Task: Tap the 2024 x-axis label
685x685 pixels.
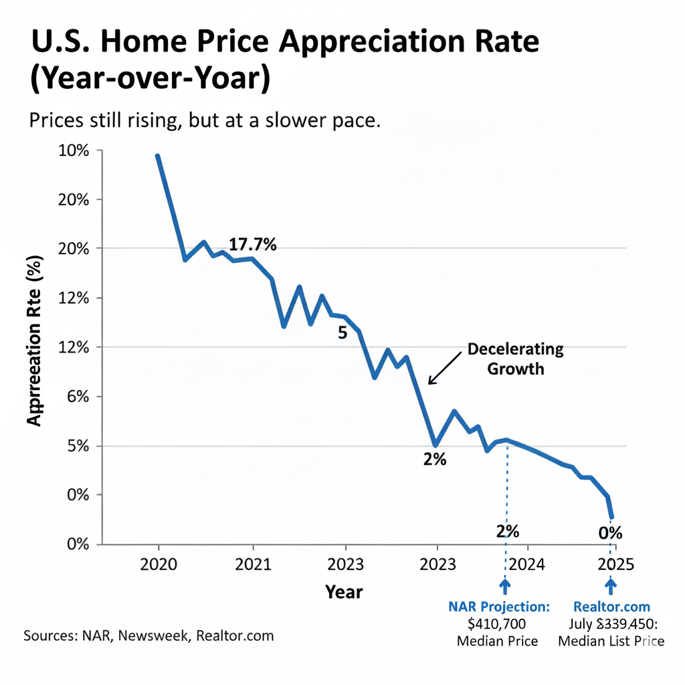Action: click(527, 563)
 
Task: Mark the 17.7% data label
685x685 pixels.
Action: click(252, 245)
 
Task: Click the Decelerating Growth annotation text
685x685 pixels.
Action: click(515, 359)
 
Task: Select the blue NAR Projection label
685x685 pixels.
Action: click(499, 607)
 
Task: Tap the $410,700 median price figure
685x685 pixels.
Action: click(497, 624)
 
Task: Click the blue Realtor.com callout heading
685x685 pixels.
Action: click(611, 607)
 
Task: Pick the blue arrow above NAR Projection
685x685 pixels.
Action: click(504, 586)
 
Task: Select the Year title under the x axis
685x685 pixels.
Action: click(344, 591)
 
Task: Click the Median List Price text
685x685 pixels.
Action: click(611, 642)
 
